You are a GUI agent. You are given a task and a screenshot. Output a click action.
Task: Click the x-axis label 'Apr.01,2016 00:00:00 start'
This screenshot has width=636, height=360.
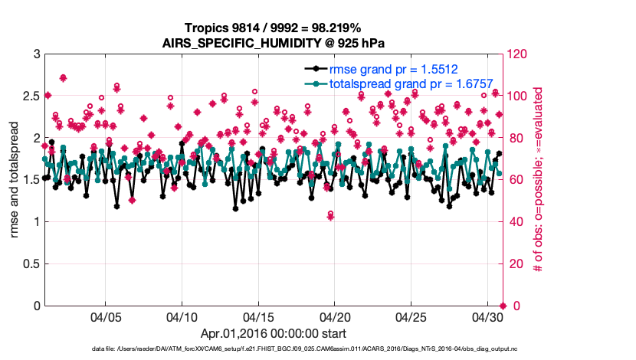272,333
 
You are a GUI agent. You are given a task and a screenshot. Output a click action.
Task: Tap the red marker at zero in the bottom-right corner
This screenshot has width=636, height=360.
502,306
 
